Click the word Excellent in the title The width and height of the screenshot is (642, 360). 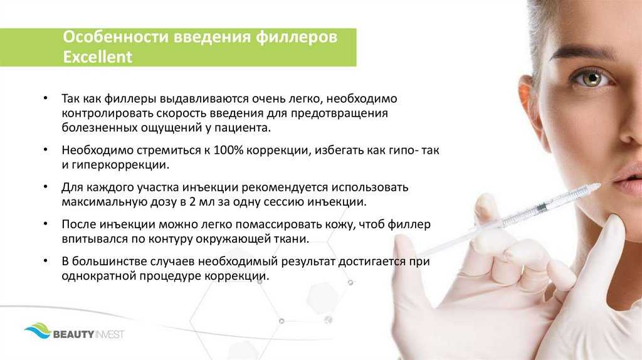[x=97, y=56]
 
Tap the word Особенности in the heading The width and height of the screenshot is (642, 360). [x=115, y=36]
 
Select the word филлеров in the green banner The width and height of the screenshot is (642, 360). [x=297, y=37]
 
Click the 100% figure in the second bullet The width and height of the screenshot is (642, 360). [x=228, y=150]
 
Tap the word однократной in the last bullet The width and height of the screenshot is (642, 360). [x=98, y=275]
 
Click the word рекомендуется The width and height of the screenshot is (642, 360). [x=285, y=188]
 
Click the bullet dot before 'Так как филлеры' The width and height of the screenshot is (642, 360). [x=45, y=98]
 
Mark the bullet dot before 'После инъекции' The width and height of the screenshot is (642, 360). [x=45, y=224]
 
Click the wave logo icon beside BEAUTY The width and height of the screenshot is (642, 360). [x=38, y=331]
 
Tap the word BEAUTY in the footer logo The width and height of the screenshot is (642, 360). [x=74, y=335]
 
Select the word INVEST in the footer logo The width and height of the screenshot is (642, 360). [x=110, y=335]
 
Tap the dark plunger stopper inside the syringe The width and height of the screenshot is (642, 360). [x=540, y=207]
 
